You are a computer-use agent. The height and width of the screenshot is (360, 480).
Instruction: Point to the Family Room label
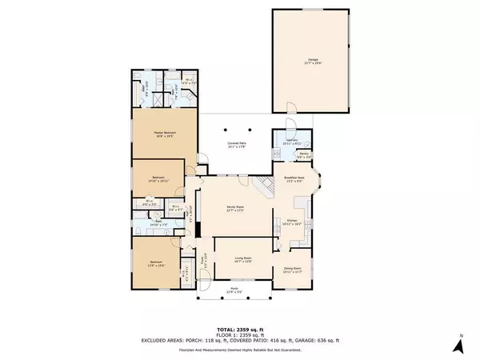pos(234,210)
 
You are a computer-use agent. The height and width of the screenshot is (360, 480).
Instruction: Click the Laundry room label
pos(290,141)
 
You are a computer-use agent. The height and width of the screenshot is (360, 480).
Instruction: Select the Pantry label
pos(303,156)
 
